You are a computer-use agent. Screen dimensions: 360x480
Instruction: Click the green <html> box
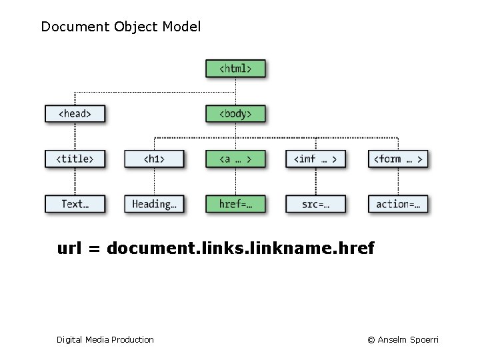(235, 69)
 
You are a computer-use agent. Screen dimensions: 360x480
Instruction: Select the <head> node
(75, 113)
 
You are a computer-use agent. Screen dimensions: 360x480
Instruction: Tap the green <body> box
(235, 113)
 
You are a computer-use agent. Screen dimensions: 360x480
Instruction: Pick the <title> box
(75, 159)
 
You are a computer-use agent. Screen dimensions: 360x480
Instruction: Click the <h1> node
(154, 159)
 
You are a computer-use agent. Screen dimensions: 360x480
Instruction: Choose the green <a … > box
(235, 159)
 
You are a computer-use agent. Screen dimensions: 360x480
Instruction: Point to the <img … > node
(315, 159)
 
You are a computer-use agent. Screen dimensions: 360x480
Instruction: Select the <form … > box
(397, 159)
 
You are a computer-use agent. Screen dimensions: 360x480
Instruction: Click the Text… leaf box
(75, 204)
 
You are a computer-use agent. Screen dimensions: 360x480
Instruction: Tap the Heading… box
(154, 204)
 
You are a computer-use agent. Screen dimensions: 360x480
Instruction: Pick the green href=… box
(235, 204)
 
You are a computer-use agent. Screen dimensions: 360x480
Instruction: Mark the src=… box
(315, 204)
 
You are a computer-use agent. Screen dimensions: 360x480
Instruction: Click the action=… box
(397, 204)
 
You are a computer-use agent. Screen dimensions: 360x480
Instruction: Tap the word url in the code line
(69, 249)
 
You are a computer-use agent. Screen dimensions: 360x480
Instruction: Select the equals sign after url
(94, 249)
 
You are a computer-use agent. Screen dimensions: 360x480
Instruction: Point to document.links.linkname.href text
(241, 249)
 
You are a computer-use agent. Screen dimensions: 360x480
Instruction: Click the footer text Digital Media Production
(105, 340)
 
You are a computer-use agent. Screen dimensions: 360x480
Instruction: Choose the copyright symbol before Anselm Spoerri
(371, 340)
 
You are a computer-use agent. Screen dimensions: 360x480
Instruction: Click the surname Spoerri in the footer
(423, 340)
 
